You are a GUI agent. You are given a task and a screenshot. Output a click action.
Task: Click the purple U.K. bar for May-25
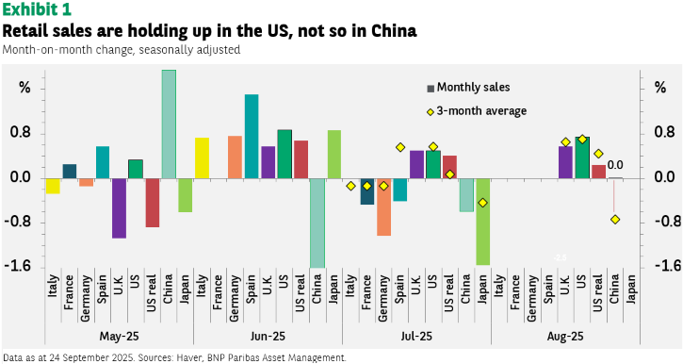pos(119,208)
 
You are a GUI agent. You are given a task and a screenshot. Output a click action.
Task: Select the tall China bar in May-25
pos(169,124)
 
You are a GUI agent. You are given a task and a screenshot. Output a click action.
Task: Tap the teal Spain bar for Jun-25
pos(252,137)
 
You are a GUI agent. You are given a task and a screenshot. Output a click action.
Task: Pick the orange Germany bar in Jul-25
pos(383,207)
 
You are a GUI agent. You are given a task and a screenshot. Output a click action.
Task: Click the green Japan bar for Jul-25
pos(483,222)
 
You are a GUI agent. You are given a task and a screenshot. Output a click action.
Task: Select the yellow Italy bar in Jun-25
pos(202,157)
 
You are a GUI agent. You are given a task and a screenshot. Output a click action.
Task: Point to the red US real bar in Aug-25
pos(598,172)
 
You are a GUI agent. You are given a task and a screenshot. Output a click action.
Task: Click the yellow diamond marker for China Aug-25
pos(615,220)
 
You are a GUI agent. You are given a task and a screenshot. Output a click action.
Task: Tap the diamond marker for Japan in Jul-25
pos(482,203)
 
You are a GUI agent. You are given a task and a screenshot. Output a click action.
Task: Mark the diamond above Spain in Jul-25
pos(400,147)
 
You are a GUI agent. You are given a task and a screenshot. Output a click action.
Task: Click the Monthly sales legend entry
pos(468,88)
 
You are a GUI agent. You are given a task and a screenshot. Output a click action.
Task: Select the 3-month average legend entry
pos(477,111)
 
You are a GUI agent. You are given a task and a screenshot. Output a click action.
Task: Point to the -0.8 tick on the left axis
pos(18,223)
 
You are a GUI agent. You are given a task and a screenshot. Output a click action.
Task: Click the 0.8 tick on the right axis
pos(665,133)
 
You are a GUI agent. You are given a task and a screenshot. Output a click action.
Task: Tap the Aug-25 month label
pos(565,337)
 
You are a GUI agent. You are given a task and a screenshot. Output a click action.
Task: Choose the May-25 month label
pos(119,337)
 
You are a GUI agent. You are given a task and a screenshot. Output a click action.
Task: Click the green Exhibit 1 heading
pos(37,9)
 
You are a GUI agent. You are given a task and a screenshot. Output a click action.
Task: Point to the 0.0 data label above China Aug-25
pos(615,165)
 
